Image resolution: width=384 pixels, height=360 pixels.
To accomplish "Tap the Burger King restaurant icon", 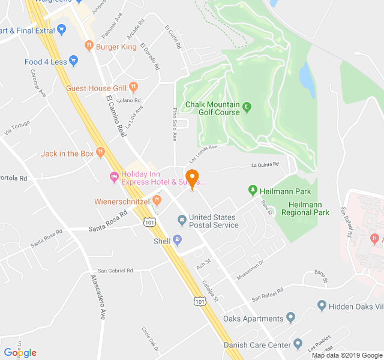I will click(89, 46).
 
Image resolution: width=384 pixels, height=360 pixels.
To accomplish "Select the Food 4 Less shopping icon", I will click(74, 61).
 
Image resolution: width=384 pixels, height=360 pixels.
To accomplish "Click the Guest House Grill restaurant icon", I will click(133, 88).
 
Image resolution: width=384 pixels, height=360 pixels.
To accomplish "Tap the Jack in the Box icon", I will click(100, 154).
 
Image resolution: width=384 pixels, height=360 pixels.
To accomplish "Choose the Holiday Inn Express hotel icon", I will click(113, 177).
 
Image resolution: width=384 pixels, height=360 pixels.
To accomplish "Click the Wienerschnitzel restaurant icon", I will click(157, 202).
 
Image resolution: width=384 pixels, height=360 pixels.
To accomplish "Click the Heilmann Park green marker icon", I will click(253, 191).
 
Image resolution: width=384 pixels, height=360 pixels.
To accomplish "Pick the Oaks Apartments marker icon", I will click(291, 318).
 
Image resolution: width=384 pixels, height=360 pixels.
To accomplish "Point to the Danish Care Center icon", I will click(298, 344).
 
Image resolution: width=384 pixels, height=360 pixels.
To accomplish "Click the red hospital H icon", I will click(375, 239).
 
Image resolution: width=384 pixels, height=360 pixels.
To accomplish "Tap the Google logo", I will click(20, 352).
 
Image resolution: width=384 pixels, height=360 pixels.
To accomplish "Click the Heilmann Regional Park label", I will click(305, 208).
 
